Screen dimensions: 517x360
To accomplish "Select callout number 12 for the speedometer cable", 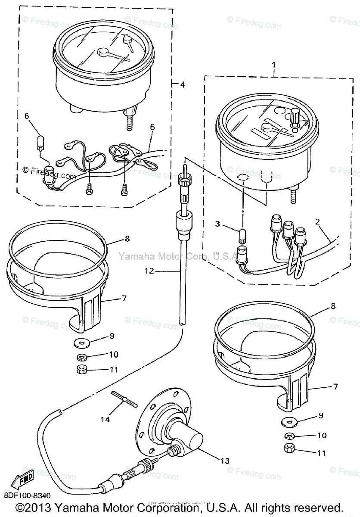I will pyautogui.click(x=149, y=271).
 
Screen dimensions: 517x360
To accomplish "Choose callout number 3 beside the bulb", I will pyautogui.click(x=217, y=224).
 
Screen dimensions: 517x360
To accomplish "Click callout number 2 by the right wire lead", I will pyautogui.click(x=317, y=222).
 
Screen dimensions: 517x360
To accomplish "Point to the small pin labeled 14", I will pyautogui.click(x=123, y=397).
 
